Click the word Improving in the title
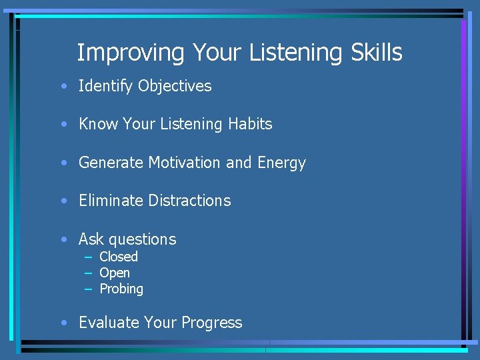(131, 53)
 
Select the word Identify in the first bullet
(106, 86)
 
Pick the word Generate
(111, 163)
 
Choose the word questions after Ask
(142, 239)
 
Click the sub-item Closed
(119, 257)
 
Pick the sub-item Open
(115, 273)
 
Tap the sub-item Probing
(121, 289)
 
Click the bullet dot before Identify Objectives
(63, 87)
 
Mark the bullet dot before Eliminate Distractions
(63, 201)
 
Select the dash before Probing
(88, 289)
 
